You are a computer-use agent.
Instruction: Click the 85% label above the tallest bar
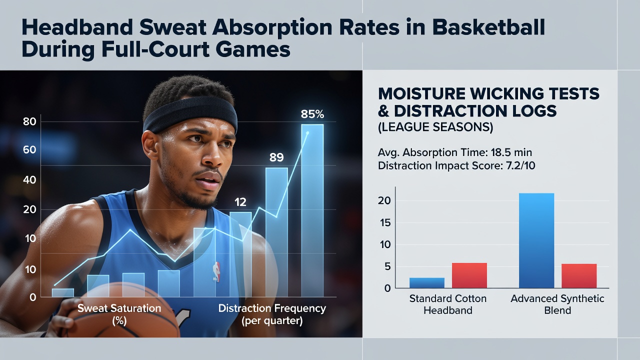[312, 114]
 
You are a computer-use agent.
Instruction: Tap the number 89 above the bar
[276, 157]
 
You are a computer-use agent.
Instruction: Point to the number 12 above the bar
[240, 202]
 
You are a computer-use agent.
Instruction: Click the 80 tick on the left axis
[29, 121]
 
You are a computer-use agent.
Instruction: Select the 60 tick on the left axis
[29, 149]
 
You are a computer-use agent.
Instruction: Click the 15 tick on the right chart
[385, 223]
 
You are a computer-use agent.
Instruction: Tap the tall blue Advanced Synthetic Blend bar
[536, 240]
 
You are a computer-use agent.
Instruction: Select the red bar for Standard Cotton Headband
[469, 275]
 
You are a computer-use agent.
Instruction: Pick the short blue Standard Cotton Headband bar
[427, 283]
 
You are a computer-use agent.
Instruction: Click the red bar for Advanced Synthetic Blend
[579, 276]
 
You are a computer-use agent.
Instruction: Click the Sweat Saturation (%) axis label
[119, 314]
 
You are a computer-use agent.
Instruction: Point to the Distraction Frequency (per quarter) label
[272, 314]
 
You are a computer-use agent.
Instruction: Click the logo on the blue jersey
[216, 271]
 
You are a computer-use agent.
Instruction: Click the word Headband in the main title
[77, 27]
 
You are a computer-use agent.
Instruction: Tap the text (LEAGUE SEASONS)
[435, 127]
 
